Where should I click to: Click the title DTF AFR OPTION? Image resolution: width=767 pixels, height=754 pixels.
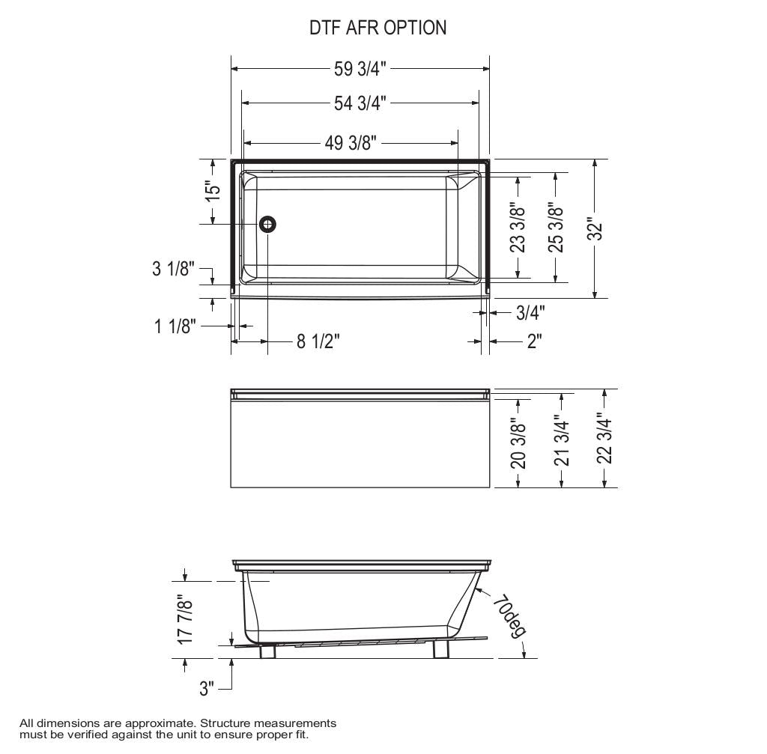pos(378,28)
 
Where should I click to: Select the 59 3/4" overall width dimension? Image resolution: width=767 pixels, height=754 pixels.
pos(360,69)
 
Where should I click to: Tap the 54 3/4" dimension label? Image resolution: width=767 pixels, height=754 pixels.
pos(360,103)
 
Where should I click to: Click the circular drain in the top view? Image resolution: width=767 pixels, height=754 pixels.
pos(268,224)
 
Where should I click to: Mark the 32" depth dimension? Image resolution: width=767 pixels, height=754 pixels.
pos(595,229)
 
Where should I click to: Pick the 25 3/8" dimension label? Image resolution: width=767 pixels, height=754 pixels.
pos(556,228)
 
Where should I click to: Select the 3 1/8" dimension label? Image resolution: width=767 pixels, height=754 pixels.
pos(173,268)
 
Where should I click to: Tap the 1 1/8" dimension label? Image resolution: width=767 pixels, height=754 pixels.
pos(175,326)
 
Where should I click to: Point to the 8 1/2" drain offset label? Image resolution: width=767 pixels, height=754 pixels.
pos(318,341)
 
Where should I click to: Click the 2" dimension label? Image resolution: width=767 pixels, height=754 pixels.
pos(534,341)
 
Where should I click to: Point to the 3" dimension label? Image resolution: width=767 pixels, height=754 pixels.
pos(207,689)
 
